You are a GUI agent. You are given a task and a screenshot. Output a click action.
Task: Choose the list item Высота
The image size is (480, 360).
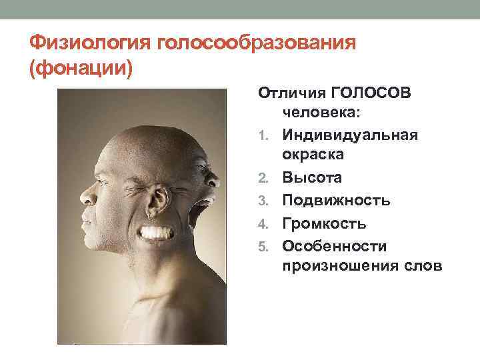(x=312, y=178)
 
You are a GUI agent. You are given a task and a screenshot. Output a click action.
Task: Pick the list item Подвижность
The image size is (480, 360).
(x=336, y=200)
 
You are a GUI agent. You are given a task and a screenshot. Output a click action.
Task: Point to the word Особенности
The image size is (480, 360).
(x=334, y=245)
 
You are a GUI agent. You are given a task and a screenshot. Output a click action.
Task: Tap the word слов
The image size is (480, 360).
(x=419, y=267)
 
